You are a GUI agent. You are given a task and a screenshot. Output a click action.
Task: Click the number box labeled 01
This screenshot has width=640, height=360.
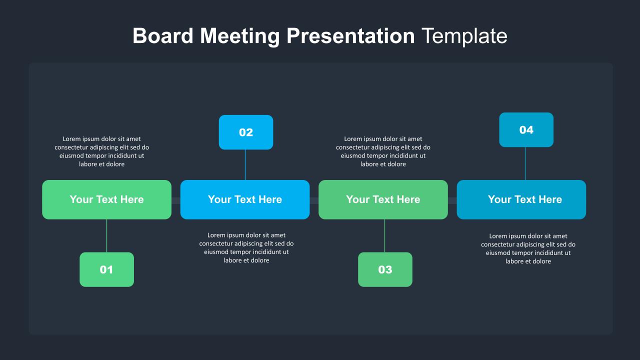[106, 269]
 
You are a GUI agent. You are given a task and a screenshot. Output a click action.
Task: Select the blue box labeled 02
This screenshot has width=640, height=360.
[246, 132]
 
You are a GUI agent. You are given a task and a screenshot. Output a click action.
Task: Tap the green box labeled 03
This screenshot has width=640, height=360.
[385, 269]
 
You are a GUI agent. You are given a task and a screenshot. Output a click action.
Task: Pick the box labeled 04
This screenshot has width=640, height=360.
[526, 130]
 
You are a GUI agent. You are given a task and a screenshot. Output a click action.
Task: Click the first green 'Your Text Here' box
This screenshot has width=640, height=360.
[106, 199]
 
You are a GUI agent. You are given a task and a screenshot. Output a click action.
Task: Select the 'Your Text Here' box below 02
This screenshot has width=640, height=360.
[245, 199]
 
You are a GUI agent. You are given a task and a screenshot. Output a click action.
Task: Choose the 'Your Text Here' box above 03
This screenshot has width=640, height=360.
[383, 199]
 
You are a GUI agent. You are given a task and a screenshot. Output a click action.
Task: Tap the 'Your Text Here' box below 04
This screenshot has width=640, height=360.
[521, 199]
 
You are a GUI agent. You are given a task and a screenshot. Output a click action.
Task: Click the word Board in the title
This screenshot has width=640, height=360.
[163, 36]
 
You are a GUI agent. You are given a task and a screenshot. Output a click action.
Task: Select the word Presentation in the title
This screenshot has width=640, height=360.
[350, 36]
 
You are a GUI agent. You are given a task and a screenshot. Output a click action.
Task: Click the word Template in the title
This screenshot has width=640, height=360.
[464, 36]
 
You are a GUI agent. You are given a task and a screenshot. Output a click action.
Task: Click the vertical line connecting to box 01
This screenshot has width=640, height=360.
[106, 235]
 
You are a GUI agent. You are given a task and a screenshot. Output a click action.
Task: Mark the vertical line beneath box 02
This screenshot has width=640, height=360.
[245, 164]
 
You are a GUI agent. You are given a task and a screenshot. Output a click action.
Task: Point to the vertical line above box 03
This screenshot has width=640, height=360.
[384, 235]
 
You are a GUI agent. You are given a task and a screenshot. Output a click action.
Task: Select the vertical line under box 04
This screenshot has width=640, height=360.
[525, 163]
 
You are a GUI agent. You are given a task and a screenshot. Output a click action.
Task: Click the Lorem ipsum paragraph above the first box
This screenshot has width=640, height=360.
[102, 151]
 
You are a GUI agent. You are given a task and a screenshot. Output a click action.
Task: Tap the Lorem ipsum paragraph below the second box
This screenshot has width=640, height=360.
[246, 247]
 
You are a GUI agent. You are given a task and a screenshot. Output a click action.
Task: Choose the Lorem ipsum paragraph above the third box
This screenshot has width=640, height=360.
[383, 151]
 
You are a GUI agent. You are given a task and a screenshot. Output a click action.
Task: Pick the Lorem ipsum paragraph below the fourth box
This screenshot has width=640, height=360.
[528, 248]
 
